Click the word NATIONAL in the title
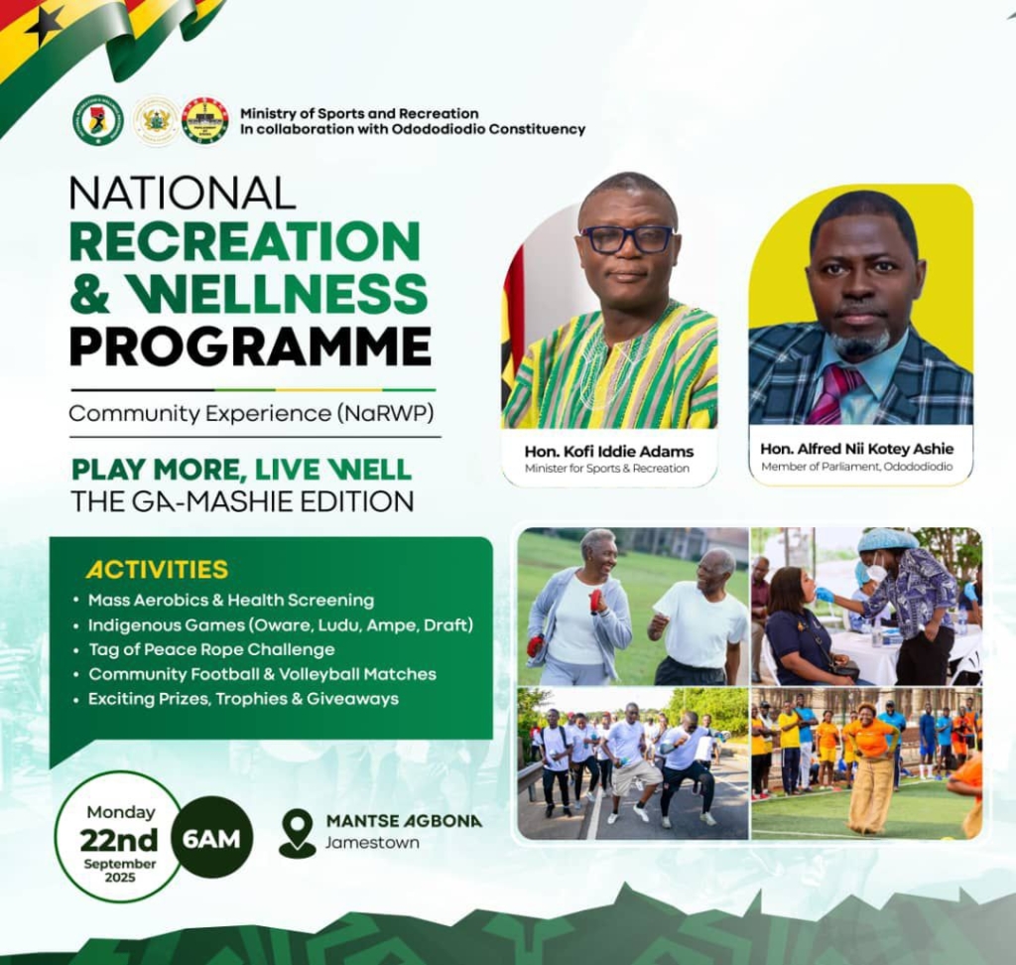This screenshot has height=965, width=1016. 183,193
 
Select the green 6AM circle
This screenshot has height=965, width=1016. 212,838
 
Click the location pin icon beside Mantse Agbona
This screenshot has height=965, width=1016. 297,833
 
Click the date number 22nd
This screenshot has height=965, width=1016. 119,841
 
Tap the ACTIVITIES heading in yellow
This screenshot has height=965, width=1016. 157,570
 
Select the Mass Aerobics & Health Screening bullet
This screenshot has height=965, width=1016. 230,601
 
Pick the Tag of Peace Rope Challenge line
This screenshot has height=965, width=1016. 210,649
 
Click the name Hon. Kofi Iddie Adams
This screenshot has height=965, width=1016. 609,452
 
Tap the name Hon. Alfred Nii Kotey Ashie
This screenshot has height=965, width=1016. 857,449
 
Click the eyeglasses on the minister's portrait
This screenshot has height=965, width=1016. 627,239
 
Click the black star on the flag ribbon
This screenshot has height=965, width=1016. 46,25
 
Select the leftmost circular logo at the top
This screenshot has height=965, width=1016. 98,120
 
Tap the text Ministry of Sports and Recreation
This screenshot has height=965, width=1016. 359,113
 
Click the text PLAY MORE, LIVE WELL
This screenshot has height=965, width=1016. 241,470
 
